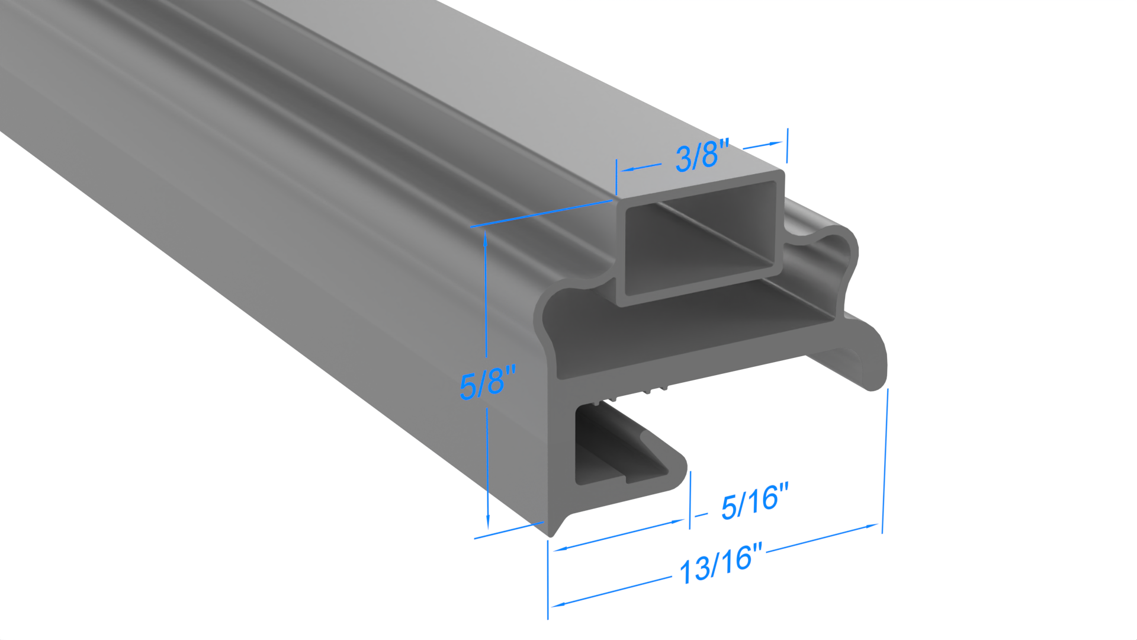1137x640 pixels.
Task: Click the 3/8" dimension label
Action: pyautogui.click(x=702, y=155)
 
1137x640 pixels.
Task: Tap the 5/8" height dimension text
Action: pyautogui.click(x=487, y=382)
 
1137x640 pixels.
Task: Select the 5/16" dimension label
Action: pyautogui.click(x=755, y=501)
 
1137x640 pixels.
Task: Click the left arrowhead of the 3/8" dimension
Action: pyautogui.click(x=625, y=169)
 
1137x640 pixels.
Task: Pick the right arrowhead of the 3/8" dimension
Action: pyautogui.click(x=775, y=143)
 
